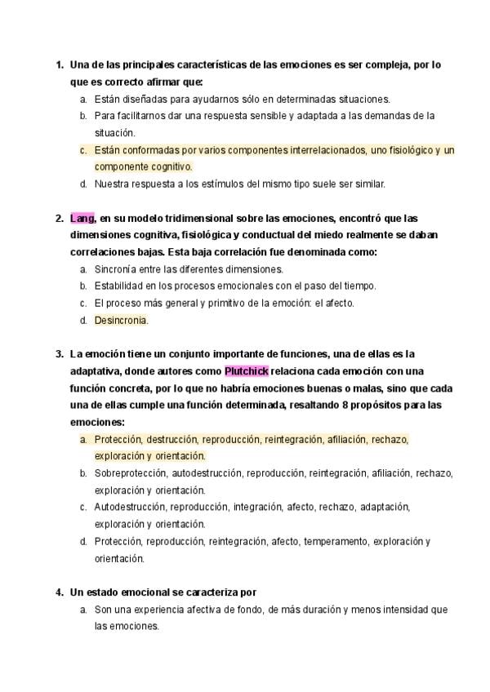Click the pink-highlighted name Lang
pos(82,219)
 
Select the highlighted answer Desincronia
pos(121,321)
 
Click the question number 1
pos(59,64)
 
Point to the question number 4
pos(59,592)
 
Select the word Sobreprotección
pos(131,473)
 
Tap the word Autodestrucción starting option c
pos(132,508)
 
